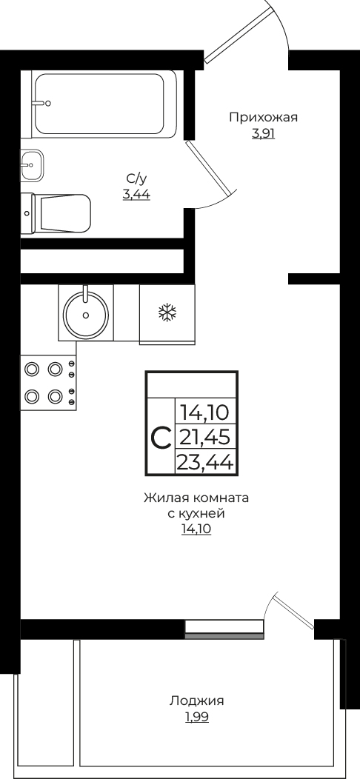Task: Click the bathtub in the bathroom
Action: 104,103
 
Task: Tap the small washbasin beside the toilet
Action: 32,165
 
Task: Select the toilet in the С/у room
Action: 59,213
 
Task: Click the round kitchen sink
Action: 87,314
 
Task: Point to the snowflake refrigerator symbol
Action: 167,313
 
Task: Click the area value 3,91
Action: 263,134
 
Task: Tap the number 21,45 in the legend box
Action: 204,437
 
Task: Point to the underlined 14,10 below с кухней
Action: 196,529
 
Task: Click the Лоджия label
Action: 196,701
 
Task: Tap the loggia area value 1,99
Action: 196,717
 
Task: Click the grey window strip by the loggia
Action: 224,635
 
